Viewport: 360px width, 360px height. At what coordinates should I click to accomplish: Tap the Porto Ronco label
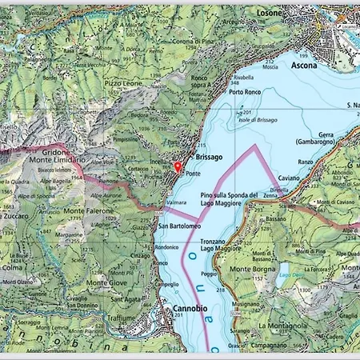246,92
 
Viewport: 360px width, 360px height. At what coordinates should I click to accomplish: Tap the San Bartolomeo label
179,226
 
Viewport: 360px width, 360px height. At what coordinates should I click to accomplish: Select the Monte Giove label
107,282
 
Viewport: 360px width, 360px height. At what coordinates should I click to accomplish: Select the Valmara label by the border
176,204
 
